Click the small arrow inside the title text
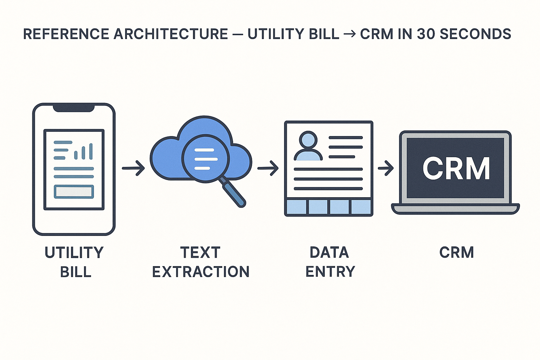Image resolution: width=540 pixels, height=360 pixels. point(349,34)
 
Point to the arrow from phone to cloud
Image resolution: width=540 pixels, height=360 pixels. point(133,168)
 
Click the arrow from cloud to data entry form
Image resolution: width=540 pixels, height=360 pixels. point(268,168)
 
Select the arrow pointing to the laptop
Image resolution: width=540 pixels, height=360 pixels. point(386,168)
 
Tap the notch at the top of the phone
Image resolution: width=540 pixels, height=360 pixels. point(74,108)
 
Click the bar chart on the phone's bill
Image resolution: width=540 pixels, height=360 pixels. point(84,152)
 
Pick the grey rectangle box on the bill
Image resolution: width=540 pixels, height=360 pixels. point(74,192)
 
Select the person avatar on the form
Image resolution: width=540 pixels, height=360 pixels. point(308,147)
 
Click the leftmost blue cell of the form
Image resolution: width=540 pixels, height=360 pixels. point(296,207)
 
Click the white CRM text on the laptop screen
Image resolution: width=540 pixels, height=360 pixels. point(456,169)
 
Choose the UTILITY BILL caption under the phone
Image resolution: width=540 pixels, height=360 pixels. point(74,262)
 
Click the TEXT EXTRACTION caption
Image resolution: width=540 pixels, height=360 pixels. point(200,262)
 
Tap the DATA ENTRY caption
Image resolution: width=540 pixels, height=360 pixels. point(330,262)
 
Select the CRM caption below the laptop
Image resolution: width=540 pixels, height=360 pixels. point(456,252)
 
